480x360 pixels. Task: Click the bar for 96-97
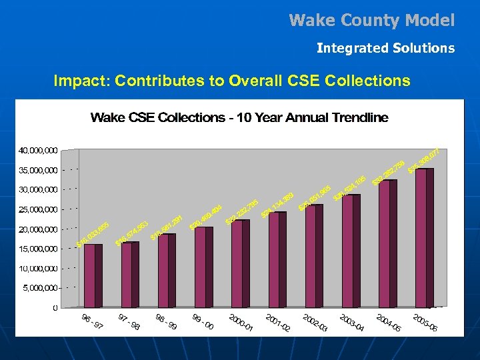click(93, 275)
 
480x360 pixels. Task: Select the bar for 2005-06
click(425, 237)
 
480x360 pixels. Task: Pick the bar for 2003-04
click(351, 251)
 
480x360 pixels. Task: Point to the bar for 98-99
click(167, 270)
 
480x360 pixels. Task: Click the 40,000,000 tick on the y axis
click(37, 150)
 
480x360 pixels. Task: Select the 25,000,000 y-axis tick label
click(37, 209)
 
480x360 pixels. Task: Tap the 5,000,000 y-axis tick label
click(39, 288)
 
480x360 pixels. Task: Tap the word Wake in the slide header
click(311, 21)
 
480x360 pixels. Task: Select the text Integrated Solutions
click(385, 48)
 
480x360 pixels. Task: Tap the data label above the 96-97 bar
click(93, 233)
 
